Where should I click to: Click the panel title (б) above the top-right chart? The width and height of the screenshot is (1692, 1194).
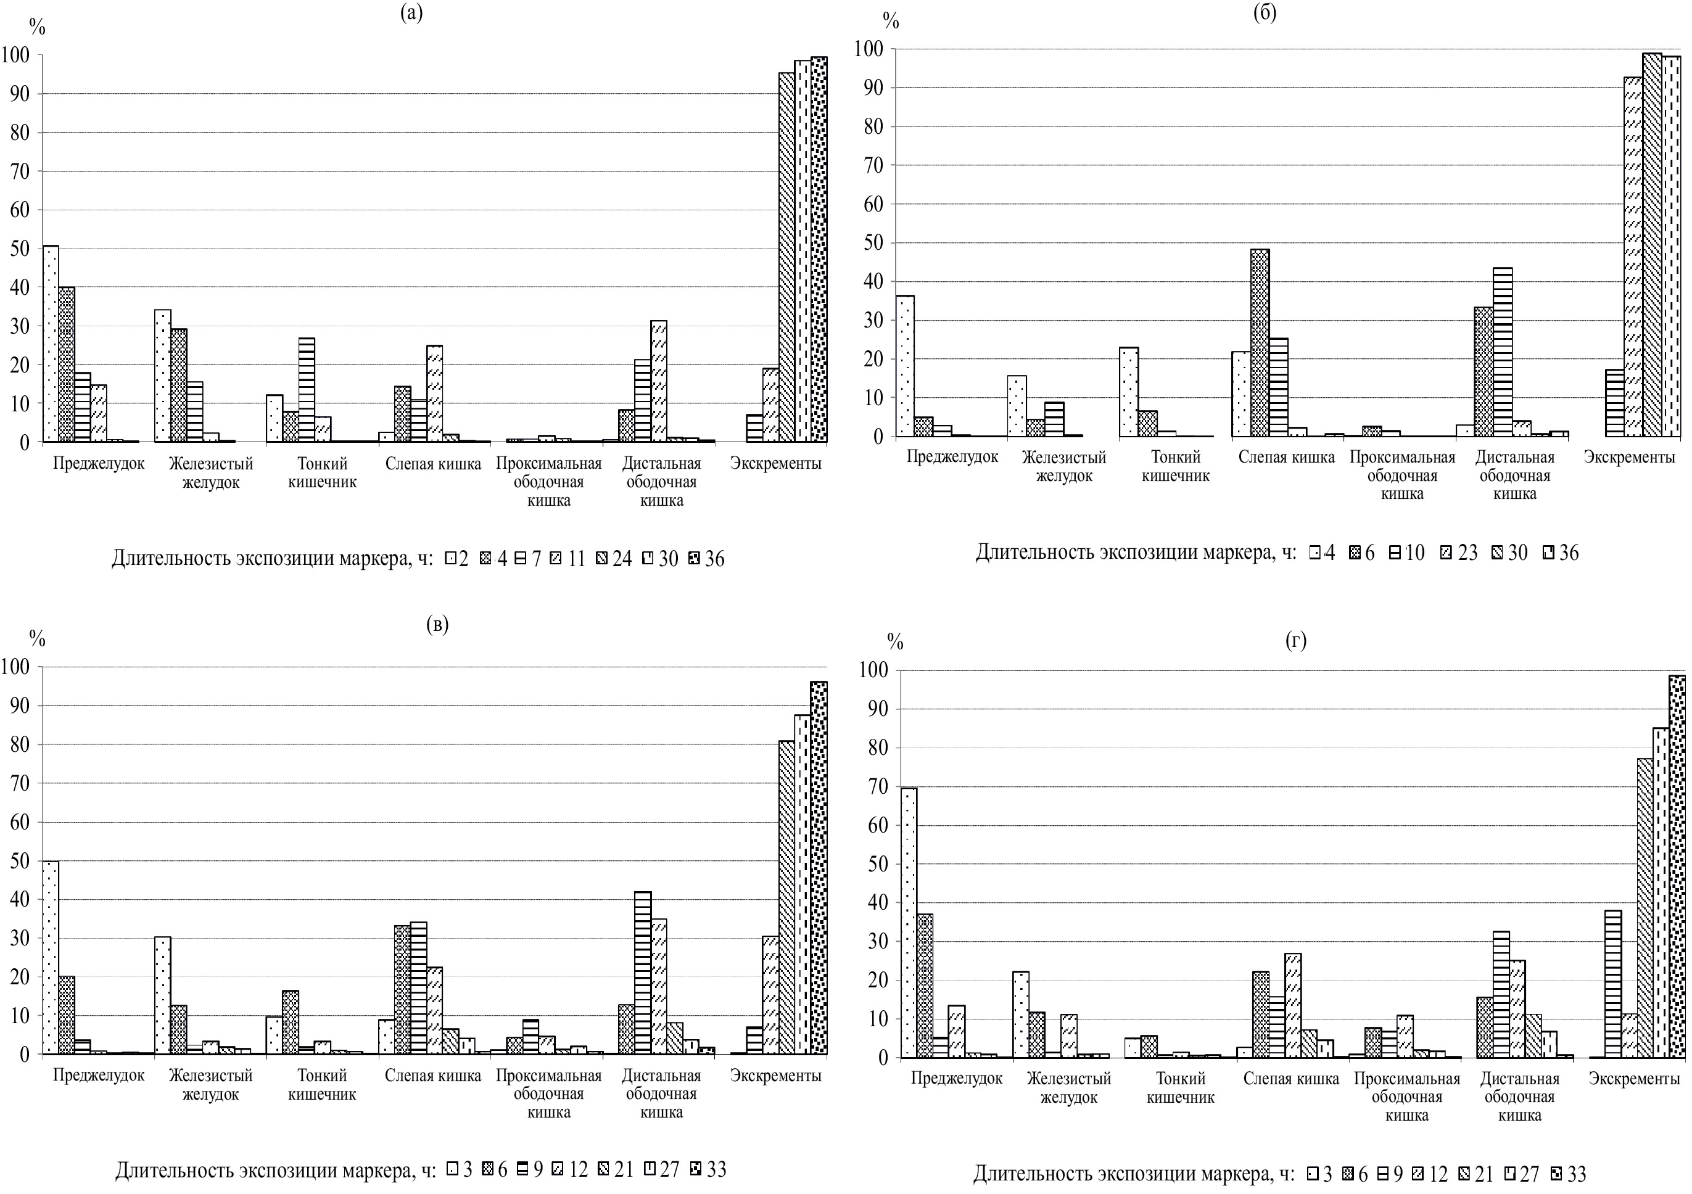coord(1265,12)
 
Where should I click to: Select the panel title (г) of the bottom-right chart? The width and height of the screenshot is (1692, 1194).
coord(1295,640)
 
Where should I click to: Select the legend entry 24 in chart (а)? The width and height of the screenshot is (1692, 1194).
coord(613,559)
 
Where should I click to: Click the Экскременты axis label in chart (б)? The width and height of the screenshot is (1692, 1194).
coord(1629,456)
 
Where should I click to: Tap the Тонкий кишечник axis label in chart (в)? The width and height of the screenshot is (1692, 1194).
coord(322,1084)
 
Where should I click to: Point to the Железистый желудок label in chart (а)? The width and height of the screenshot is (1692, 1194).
coord(211,473)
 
